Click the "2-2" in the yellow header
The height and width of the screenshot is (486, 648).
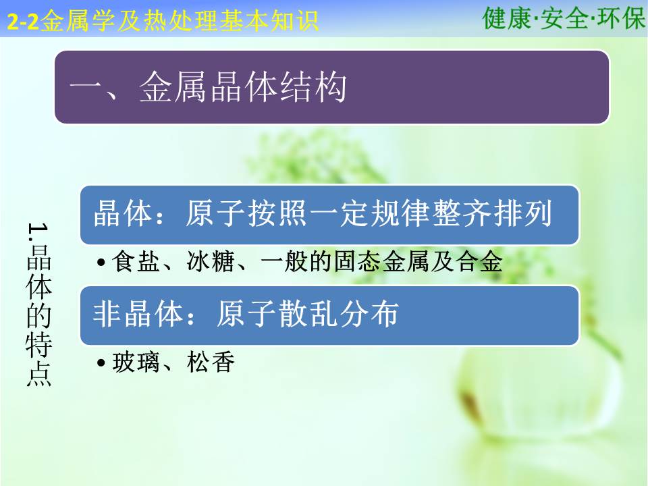(x=23, y=22)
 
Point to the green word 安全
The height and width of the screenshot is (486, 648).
(x=564, y=18)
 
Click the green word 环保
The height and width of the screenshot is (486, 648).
(x=621, y=18)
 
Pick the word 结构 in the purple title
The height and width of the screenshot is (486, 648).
(x=313, y=87)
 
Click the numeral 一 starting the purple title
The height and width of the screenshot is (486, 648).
(x=86, y=88)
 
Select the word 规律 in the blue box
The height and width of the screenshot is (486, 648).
(x=401, y=213)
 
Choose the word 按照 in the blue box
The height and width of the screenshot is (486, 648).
(x=277, y=213)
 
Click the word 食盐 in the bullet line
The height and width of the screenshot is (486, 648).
(x=136, y=261)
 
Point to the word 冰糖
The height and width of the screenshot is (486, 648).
(x=211, y=261)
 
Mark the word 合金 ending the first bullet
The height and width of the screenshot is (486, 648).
(x=479, y=261)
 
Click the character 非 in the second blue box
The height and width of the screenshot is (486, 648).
(x=107, y=314)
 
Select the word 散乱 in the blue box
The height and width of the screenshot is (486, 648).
(x=308, y=314)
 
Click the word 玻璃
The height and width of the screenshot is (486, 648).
(x=136, y=362)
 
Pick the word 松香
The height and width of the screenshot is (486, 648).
(x=211, y=362)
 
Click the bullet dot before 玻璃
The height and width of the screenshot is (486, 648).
(x=101, y=363)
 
